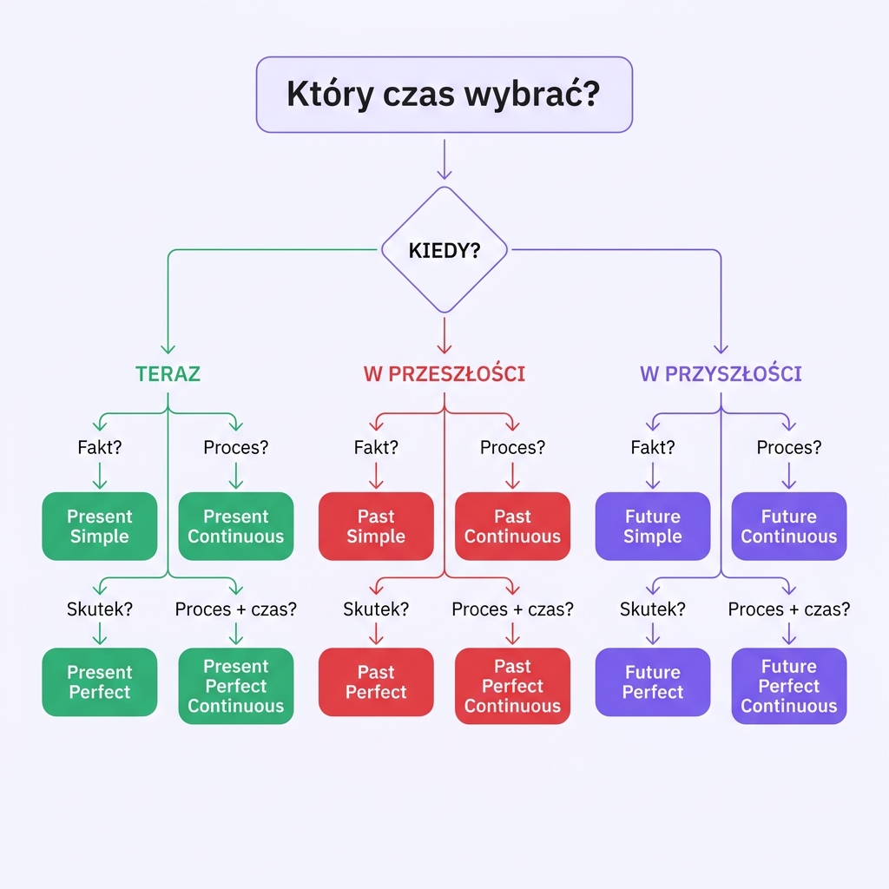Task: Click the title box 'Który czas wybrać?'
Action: (444, 95)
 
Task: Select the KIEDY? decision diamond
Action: (444, 250)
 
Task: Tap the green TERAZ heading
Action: (168, 374)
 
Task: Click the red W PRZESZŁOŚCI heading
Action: (444, 374)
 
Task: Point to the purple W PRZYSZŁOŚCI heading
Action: (721, 374)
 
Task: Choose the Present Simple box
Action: (100, 526)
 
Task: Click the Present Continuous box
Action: (236, 526)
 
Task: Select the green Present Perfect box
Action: (100, 682)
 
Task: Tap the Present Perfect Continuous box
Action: (236, 686)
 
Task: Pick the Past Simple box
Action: (376, 526)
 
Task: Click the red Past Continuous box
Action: (512, 526)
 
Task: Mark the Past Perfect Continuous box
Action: (512, 686)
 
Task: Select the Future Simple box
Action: (653, 526)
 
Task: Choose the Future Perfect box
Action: (653, 682)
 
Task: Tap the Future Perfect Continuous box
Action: (789, 686)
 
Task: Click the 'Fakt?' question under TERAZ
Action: (100, 448)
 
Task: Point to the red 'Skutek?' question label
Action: (376, 609)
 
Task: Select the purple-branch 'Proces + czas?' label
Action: (789, 609)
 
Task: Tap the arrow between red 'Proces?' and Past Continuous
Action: (512, 475)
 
